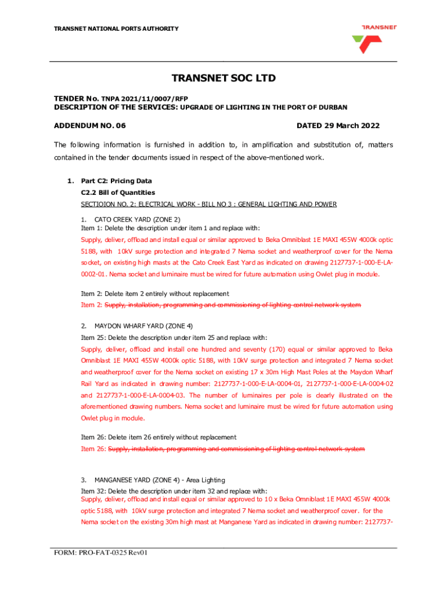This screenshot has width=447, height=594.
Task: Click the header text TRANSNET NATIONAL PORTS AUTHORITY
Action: tap(116, 29)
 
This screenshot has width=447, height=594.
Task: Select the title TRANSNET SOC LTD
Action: tap(223, 78)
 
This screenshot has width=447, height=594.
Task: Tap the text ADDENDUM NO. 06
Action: tap(89, 126)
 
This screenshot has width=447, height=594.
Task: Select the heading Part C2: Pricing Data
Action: tap(117, 181)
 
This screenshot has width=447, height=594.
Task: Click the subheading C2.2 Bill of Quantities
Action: tap(118, 193)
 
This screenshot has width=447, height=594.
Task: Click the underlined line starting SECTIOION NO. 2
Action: tap(209, 204)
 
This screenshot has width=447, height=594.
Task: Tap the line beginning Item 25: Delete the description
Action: tap(174, 338)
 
